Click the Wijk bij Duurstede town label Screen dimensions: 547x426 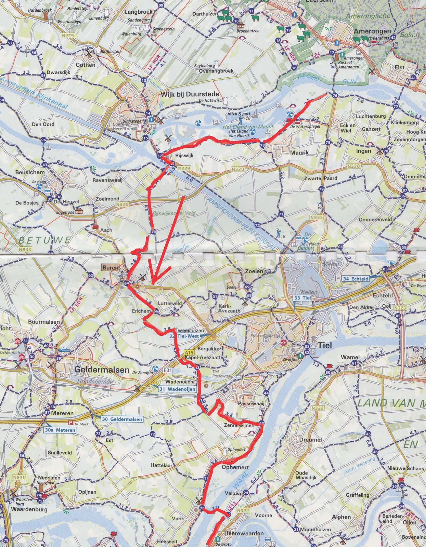(x=190, y=94)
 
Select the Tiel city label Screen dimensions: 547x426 (x=325, y=345)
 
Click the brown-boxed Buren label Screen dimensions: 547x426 (x=110, y=268)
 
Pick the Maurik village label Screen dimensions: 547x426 (x=299, y=152)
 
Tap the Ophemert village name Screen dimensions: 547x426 (x=235, y=467)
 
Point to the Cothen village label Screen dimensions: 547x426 (x=86, y=65)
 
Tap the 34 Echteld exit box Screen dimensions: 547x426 (x=356, y=279)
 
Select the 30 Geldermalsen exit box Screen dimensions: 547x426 (x=121, y=419)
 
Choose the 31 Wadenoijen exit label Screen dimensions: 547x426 (x=177, y=389)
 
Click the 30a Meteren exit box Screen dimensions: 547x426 (x=60, y=430)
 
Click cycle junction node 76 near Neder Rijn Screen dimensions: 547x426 (x=334, y=96)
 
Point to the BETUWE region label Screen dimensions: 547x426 (x=44, y=240)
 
